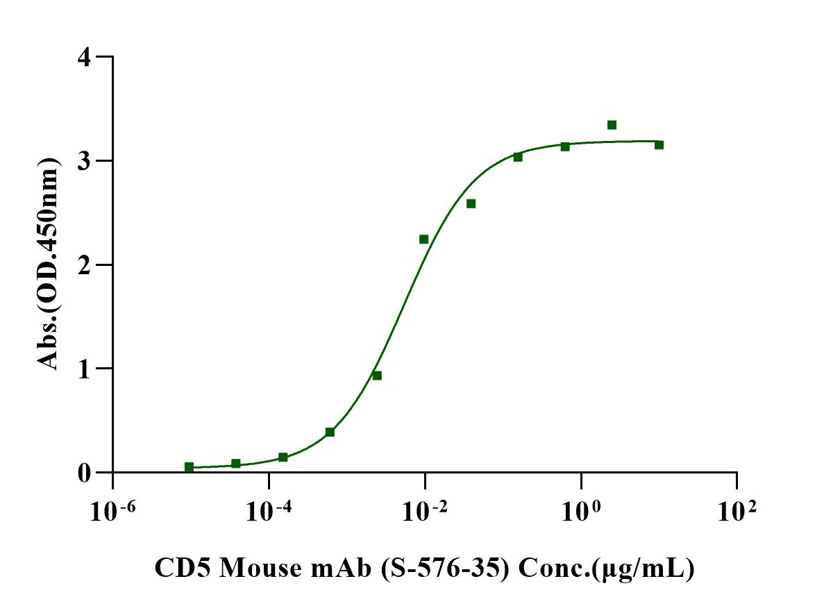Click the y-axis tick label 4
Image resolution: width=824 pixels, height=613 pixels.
pyautogui.click(x=84, y=57)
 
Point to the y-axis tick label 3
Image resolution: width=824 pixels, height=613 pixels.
pyautogui.click(x=84, y=160)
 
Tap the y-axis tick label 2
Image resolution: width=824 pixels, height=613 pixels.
pyautogui.click(x=84, y=264)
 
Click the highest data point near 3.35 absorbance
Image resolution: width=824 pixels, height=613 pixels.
pyautogui.click(x=612, y=125)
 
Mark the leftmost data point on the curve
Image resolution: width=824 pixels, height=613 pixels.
pyautogui.click(x=189, y=467)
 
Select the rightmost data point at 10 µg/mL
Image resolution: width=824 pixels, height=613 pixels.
pyautogui.click(x=659, y=144)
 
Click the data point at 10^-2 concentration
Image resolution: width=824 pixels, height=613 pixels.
pyautogui.click(x=423, y=239)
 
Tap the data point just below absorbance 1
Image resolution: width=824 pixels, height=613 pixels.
pyautogui.click(x=377, y=376)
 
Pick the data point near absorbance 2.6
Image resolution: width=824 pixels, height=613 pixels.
pyautogui.click(x=471, y=203)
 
